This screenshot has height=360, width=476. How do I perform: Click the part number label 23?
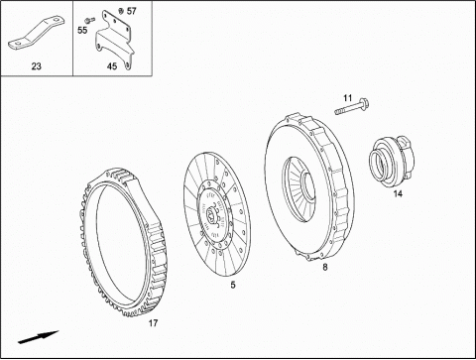point(37,66)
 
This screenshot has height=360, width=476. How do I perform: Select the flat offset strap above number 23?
point(36,35)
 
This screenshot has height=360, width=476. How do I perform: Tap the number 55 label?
point(82,30)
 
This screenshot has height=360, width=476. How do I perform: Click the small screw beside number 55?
point(89,20)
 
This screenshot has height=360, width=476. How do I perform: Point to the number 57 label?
point(132,11)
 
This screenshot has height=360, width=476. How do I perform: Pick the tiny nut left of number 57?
point(121,11)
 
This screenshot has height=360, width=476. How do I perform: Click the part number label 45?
point(112,66)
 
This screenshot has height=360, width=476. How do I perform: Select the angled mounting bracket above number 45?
point(115,40)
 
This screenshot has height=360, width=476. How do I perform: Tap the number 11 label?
point(347,98)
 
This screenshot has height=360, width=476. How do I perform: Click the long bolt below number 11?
point(351,107)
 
